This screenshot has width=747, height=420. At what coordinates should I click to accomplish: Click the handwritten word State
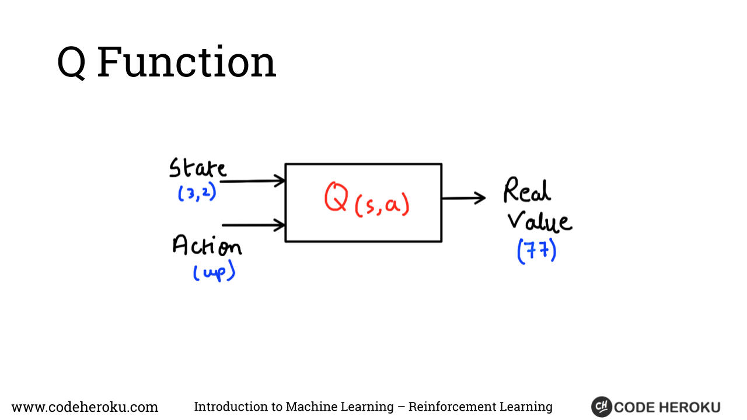click(x=197, y=168)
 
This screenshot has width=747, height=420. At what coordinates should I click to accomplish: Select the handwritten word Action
click(x=207, y=246)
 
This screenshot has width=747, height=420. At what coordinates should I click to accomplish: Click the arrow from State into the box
click(x=253, y=181)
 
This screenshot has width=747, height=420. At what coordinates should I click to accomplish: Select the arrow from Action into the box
click(x=254, y=225)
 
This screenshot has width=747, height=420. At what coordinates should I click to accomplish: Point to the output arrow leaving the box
click(x=463, y=198)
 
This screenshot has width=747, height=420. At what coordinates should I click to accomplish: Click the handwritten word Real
click(x=527, y=190)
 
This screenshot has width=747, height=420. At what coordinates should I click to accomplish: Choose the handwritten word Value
click(x=539, y=221)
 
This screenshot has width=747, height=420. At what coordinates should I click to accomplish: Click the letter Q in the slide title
click(x=71, y=62)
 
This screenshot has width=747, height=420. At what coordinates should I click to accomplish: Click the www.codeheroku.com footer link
click(x=85, y=407)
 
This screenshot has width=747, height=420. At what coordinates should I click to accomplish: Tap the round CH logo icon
click(x=601, y=407)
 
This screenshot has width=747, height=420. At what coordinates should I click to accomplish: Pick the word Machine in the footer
click(x=313, y=407)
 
